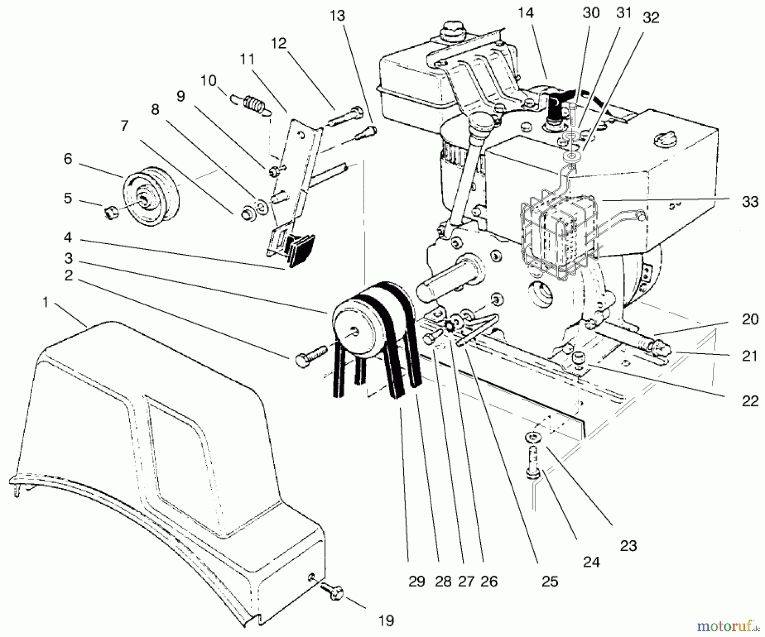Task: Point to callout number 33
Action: (750, 201)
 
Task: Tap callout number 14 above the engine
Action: (525, 14)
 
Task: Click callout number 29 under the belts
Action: (416, 581)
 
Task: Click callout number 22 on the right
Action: (750, 400)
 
